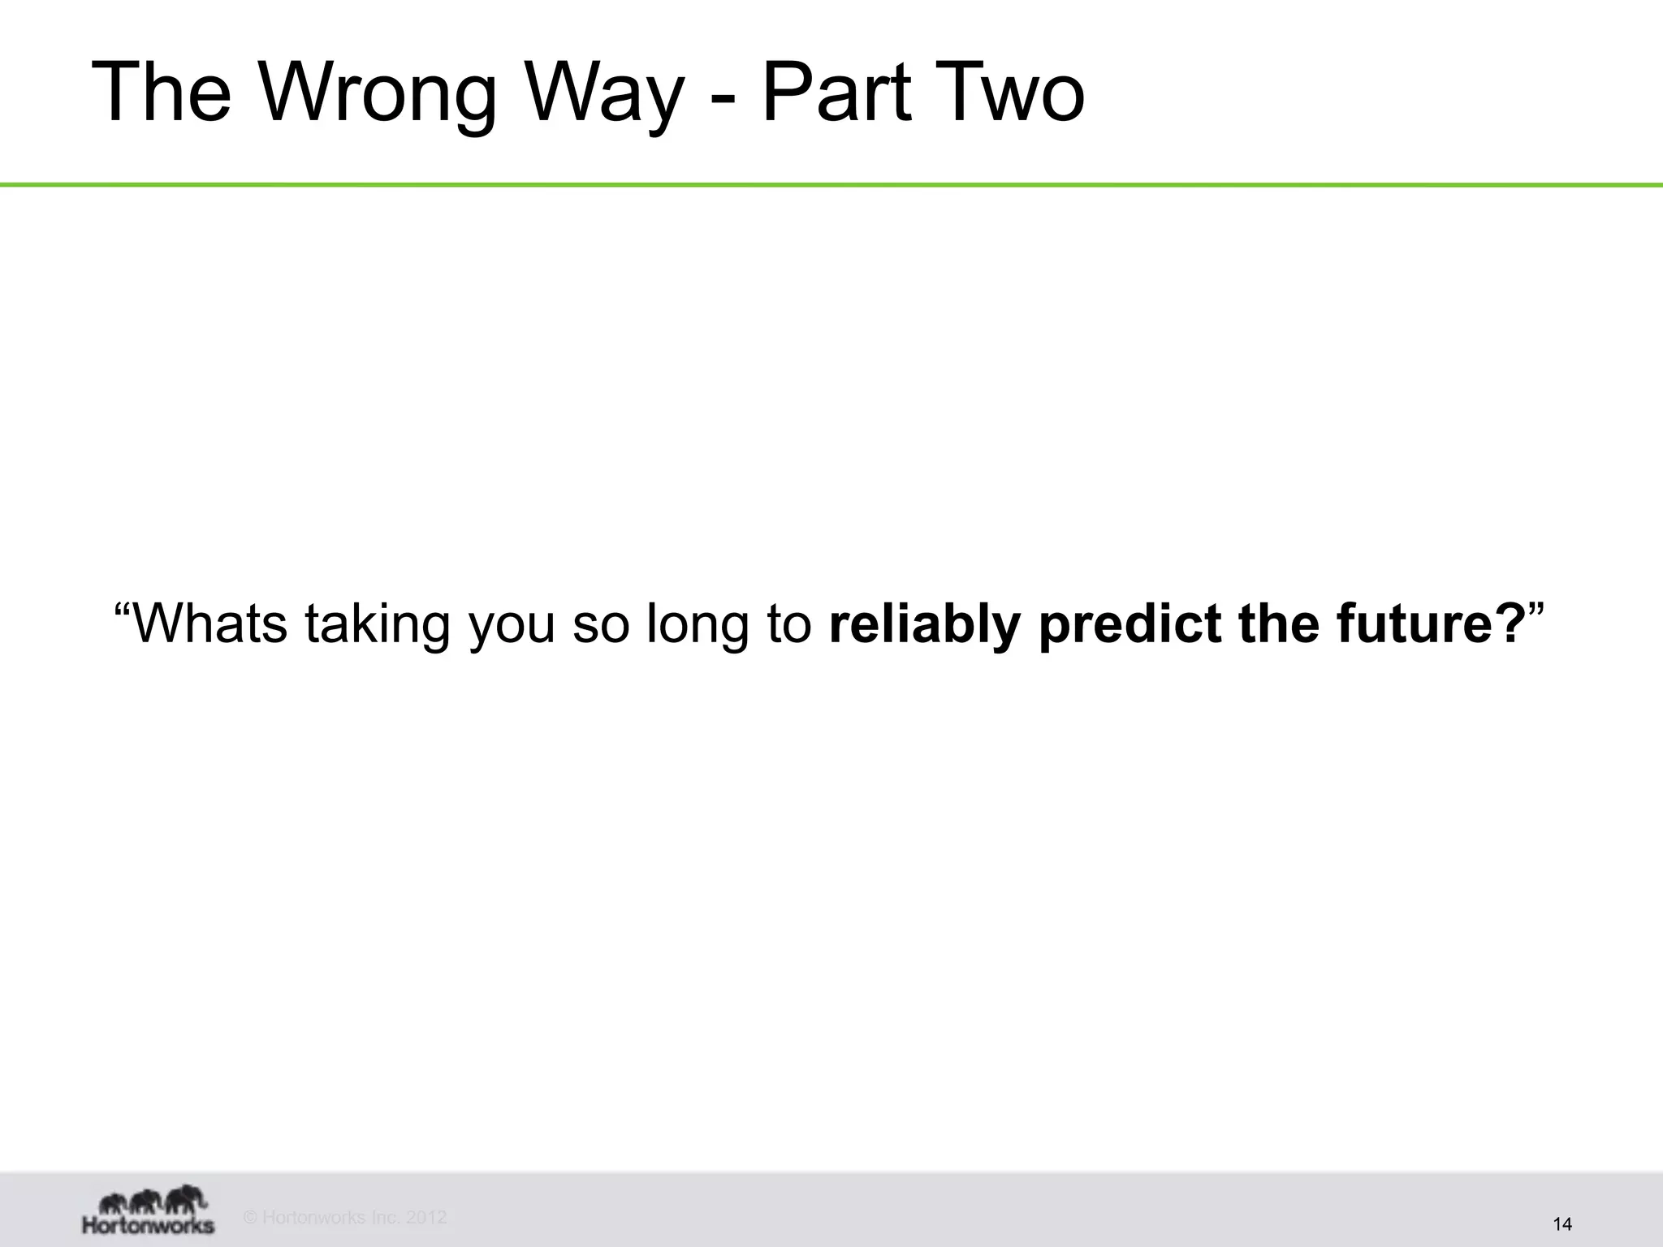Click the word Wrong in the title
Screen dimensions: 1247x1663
coord(378,93)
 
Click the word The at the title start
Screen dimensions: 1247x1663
coord(162,93)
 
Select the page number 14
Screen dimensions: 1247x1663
coord(1561,1223)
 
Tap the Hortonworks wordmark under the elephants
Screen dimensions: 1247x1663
coord(149,1224)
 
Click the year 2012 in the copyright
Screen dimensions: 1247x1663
coord(425,1217)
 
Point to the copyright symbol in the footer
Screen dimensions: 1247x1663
coord(250,1217)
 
